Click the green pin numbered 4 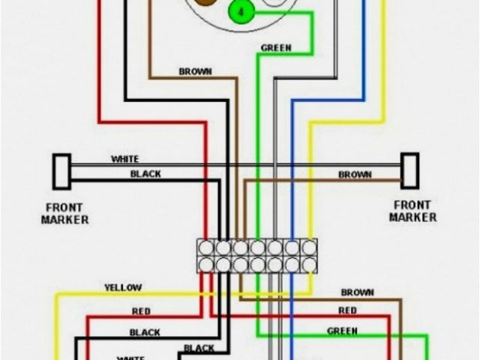(x=241, y=13)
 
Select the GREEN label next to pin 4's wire (x=276, y=48)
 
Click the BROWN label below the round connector (x=195, y=72)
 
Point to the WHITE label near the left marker (x=124, y=159)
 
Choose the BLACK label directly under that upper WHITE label (x=145, y=174)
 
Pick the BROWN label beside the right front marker (x=355, y=175)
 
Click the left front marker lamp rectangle (x=61, y=171)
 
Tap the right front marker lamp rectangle (x=409, y=171)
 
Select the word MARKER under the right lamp (x=413, y=217)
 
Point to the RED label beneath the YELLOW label (x=141, y=311)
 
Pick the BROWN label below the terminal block (x=357, y=292)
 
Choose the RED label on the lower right (x=347, y=310)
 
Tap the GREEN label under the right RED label (x=342, y=331)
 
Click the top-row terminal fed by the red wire (x=206, y=247)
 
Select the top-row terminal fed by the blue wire (x=292, y=247)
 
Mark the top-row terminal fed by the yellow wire (x=308, y=247)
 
